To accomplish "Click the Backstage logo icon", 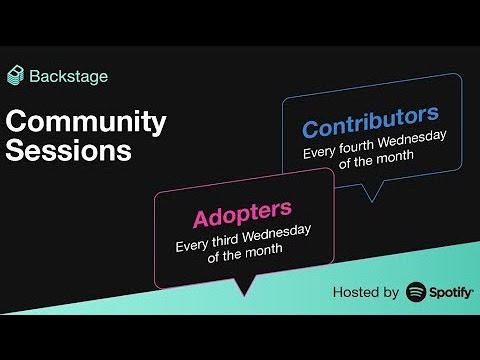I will point(16,75).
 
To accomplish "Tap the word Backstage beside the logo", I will point(69,75).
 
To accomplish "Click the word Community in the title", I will point(86,122).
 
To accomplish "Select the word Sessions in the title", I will point(68,152).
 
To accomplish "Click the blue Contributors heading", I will point(370,127).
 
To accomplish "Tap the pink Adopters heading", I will point(242,212).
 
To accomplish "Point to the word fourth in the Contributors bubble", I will point(361,155).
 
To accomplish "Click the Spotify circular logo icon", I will point(417,292).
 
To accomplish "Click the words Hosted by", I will point(366,293).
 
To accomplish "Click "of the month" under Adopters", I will point(242,255).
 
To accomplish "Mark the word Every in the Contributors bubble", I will point(321,155).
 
